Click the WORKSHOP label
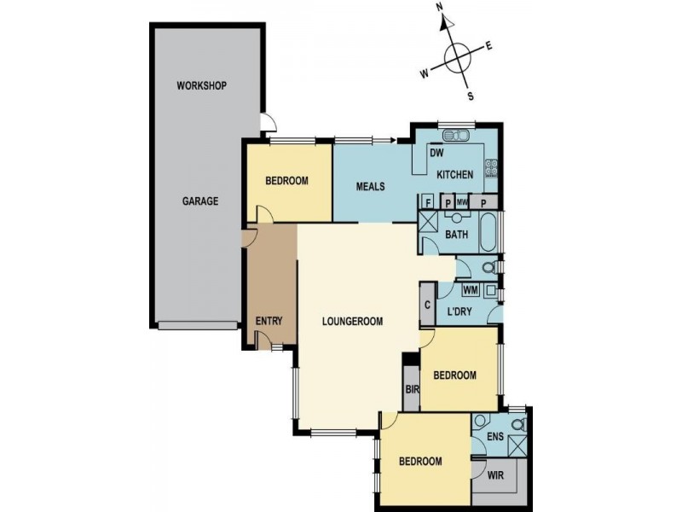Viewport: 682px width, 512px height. (x=201, y=86)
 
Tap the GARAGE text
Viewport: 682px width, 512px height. (x=200, y=202)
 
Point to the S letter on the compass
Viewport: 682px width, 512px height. (x=470, y=96)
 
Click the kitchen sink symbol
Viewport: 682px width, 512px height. (x=453, y=135)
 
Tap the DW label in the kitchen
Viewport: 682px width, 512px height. (x=436, y=154)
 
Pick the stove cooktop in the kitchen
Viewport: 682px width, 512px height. (x=491, y=168)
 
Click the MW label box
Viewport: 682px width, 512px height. (x=462, y=202)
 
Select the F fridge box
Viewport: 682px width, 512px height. (x=428, y=202)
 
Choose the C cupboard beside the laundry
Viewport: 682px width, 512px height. (x=427, y=305)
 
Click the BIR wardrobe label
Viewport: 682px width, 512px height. (x=411, y=388)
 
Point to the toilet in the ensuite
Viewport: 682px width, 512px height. (x=517, y=425)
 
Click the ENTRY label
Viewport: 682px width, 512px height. (x=269, y=322)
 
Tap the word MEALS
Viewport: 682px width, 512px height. (x=372, y=187)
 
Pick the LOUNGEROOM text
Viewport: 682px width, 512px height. (x=353, y=322)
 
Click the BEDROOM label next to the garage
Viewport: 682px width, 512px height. (x=286, y=181)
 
